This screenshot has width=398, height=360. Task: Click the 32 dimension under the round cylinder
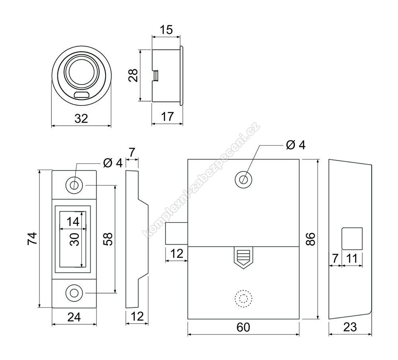point(81,119)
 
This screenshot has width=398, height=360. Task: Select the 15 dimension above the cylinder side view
point(166,30)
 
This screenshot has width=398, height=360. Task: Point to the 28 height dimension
point(133,75)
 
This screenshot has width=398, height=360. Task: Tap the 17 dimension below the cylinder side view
point(167,117)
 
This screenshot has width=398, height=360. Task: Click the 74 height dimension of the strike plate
point(32,239)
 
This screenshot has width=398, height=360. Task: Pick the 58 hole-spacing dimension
point(108,239)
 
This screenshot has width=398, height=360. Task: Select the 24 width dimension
point(74,317)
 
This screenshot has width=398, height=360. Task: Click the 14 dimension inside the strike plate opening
point(73,222)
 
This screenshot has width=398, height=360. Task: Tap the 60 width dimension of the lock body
point(243,327)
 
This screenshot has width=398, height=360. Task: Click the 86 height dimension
point(310,239)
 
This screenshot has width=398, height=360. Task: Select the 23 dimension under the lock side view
point(350,327)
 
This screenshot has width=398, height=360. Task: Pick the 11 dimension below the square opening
point(352,259)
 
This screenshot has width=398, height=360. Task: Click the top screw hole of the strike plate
point(74,185)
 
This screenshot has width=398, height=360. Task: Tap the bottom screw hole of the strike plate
point(74,293)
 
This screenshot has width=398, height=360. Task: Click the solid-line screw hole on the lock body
point(243,179)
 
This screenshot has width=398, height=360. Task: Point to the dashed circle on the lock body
point(243,299)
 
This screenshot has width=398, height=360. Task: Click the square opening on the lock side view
point(352,239)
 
